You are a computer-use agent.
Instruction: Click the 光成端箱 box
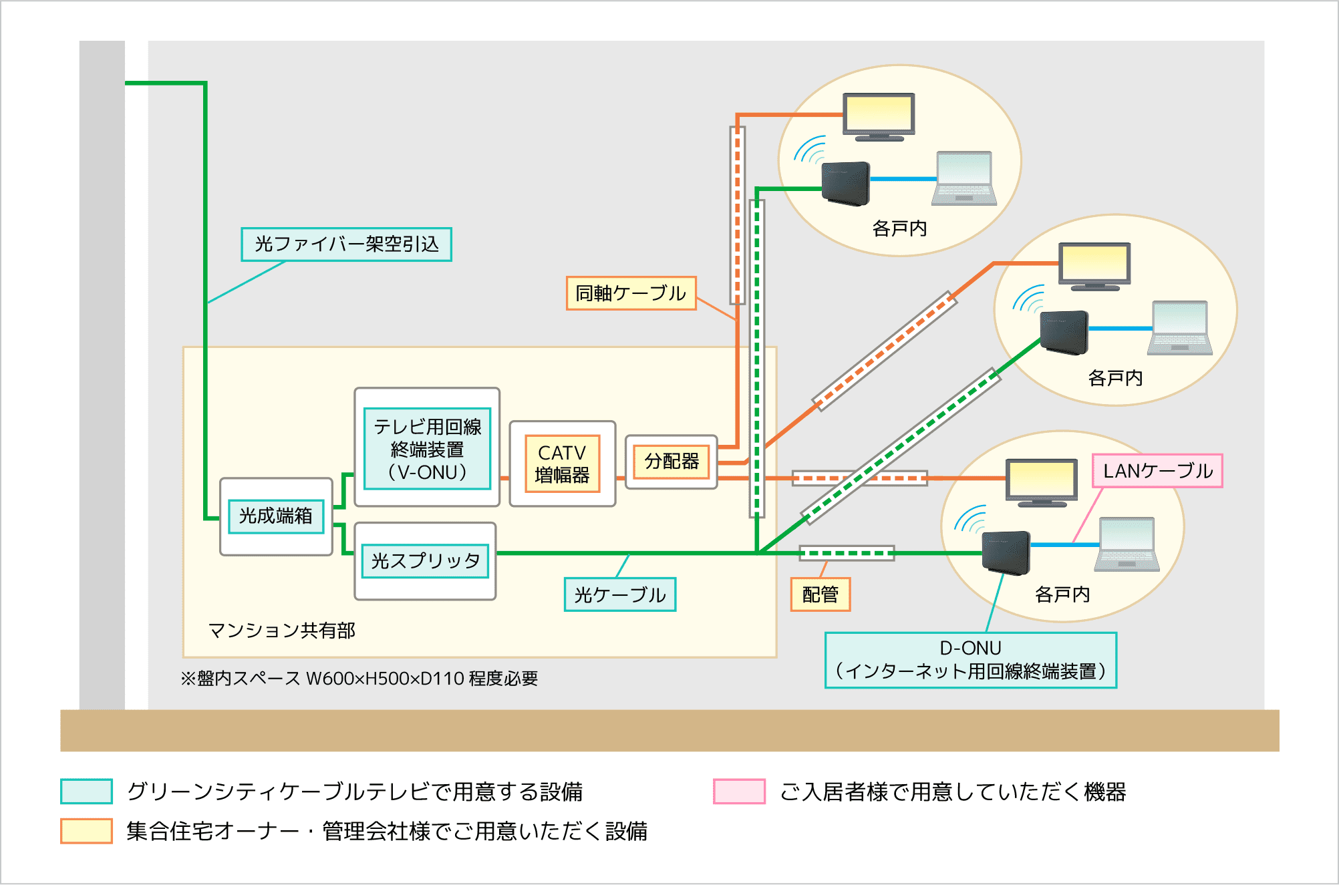(276, 516)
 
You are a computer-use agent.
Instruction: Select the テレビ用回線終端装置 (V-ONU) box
(428, 449)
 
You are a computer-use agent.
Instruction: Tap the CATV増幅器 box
(562, 464)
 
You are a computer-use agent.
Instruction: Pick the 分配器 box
(672, 462)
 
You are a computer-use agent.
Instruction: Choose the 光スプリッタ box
(426, 561)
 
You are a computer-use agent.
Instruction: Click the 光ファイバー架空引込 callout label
(346, 244)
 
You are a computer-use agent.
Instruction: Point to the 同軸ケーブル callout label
(631, 293)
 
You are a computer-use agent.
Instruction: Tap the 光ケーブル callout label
(620, 594)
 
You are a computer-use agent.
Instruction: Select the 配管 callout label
(821, 594)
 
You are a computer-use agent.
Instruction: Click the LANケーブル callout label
(1157, 471)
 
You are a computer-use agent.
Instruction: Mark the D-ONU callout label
(970, 660)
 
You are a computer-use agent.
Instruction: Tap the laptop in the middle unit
(1180, 328)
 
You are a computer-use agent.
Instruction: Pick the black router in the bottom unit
(1006, 553)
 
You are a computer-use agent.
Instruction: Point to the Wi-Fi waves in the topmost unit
(810, 150)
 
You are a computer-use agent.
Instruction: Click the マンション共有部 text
(281, 631)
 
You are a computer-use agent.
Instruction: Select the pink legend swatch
(739, 791)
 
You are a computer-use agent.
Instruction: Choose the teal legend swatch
(86, 791)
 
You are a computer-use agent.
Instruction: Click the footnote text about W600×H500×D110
(359, 679)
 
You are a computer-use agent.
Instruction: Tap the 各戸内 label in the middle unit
(1115, 378)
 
